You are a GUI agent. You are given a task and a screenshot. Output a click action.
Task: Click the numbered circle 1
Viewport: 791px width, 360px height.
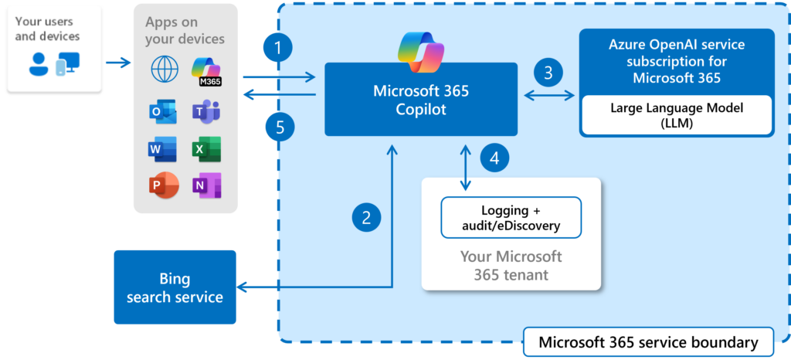[277, 49]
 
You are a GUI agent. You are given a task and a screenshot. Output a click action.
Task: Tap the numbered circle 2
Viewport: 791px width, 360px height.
[367, 217]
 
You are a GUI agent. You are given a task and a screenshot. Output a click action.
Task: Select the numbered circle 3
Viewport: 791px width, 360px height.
[548, 73]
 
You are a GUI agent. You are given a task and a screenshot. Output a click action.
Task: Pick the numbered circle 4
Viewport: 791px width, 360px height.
[495, 158]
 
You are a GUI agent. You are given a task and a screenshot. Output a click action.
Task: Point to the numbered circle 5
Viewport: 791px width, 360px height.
[279, 125]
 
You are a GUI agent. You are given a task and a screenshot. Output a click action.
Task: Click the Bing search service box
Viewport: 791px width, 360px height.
[175, 287]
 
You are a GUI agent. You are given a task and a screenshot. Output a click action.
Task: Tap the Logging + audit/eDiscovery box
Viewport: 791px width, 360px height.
[510, 217]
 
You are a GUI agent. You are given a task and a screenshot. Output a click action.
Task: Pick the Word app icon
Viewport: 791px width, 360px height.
[163, 149]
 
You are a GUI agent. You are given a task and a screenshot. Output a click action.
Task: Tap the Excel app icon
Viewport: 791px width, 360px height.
[206, 149]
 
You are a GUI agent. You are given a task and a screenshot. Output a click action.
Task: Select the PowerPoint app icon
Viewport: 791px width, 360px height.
[163, 185]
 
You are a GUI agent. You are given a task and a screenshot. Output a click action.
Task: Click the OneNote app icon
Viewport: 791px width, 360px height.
[206, 185]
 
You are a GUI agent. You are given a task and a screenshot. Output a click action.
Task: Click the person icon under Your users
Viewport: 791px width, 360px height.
[38, 64]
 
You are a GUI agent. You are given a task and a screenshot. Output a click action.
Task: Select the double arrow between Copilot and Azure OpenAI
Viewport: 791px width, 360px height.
[549, 96]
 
